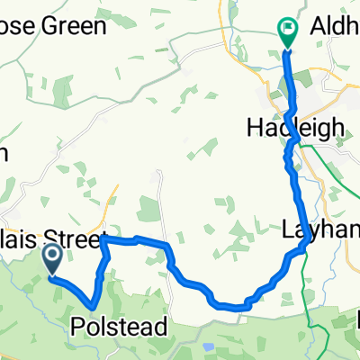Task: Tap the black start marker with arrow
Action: (x=52, y=260)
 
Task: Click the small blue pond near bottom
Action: (x=210, y=346)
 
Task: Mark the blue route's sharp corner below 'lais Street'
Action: (x=102, y=240)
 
